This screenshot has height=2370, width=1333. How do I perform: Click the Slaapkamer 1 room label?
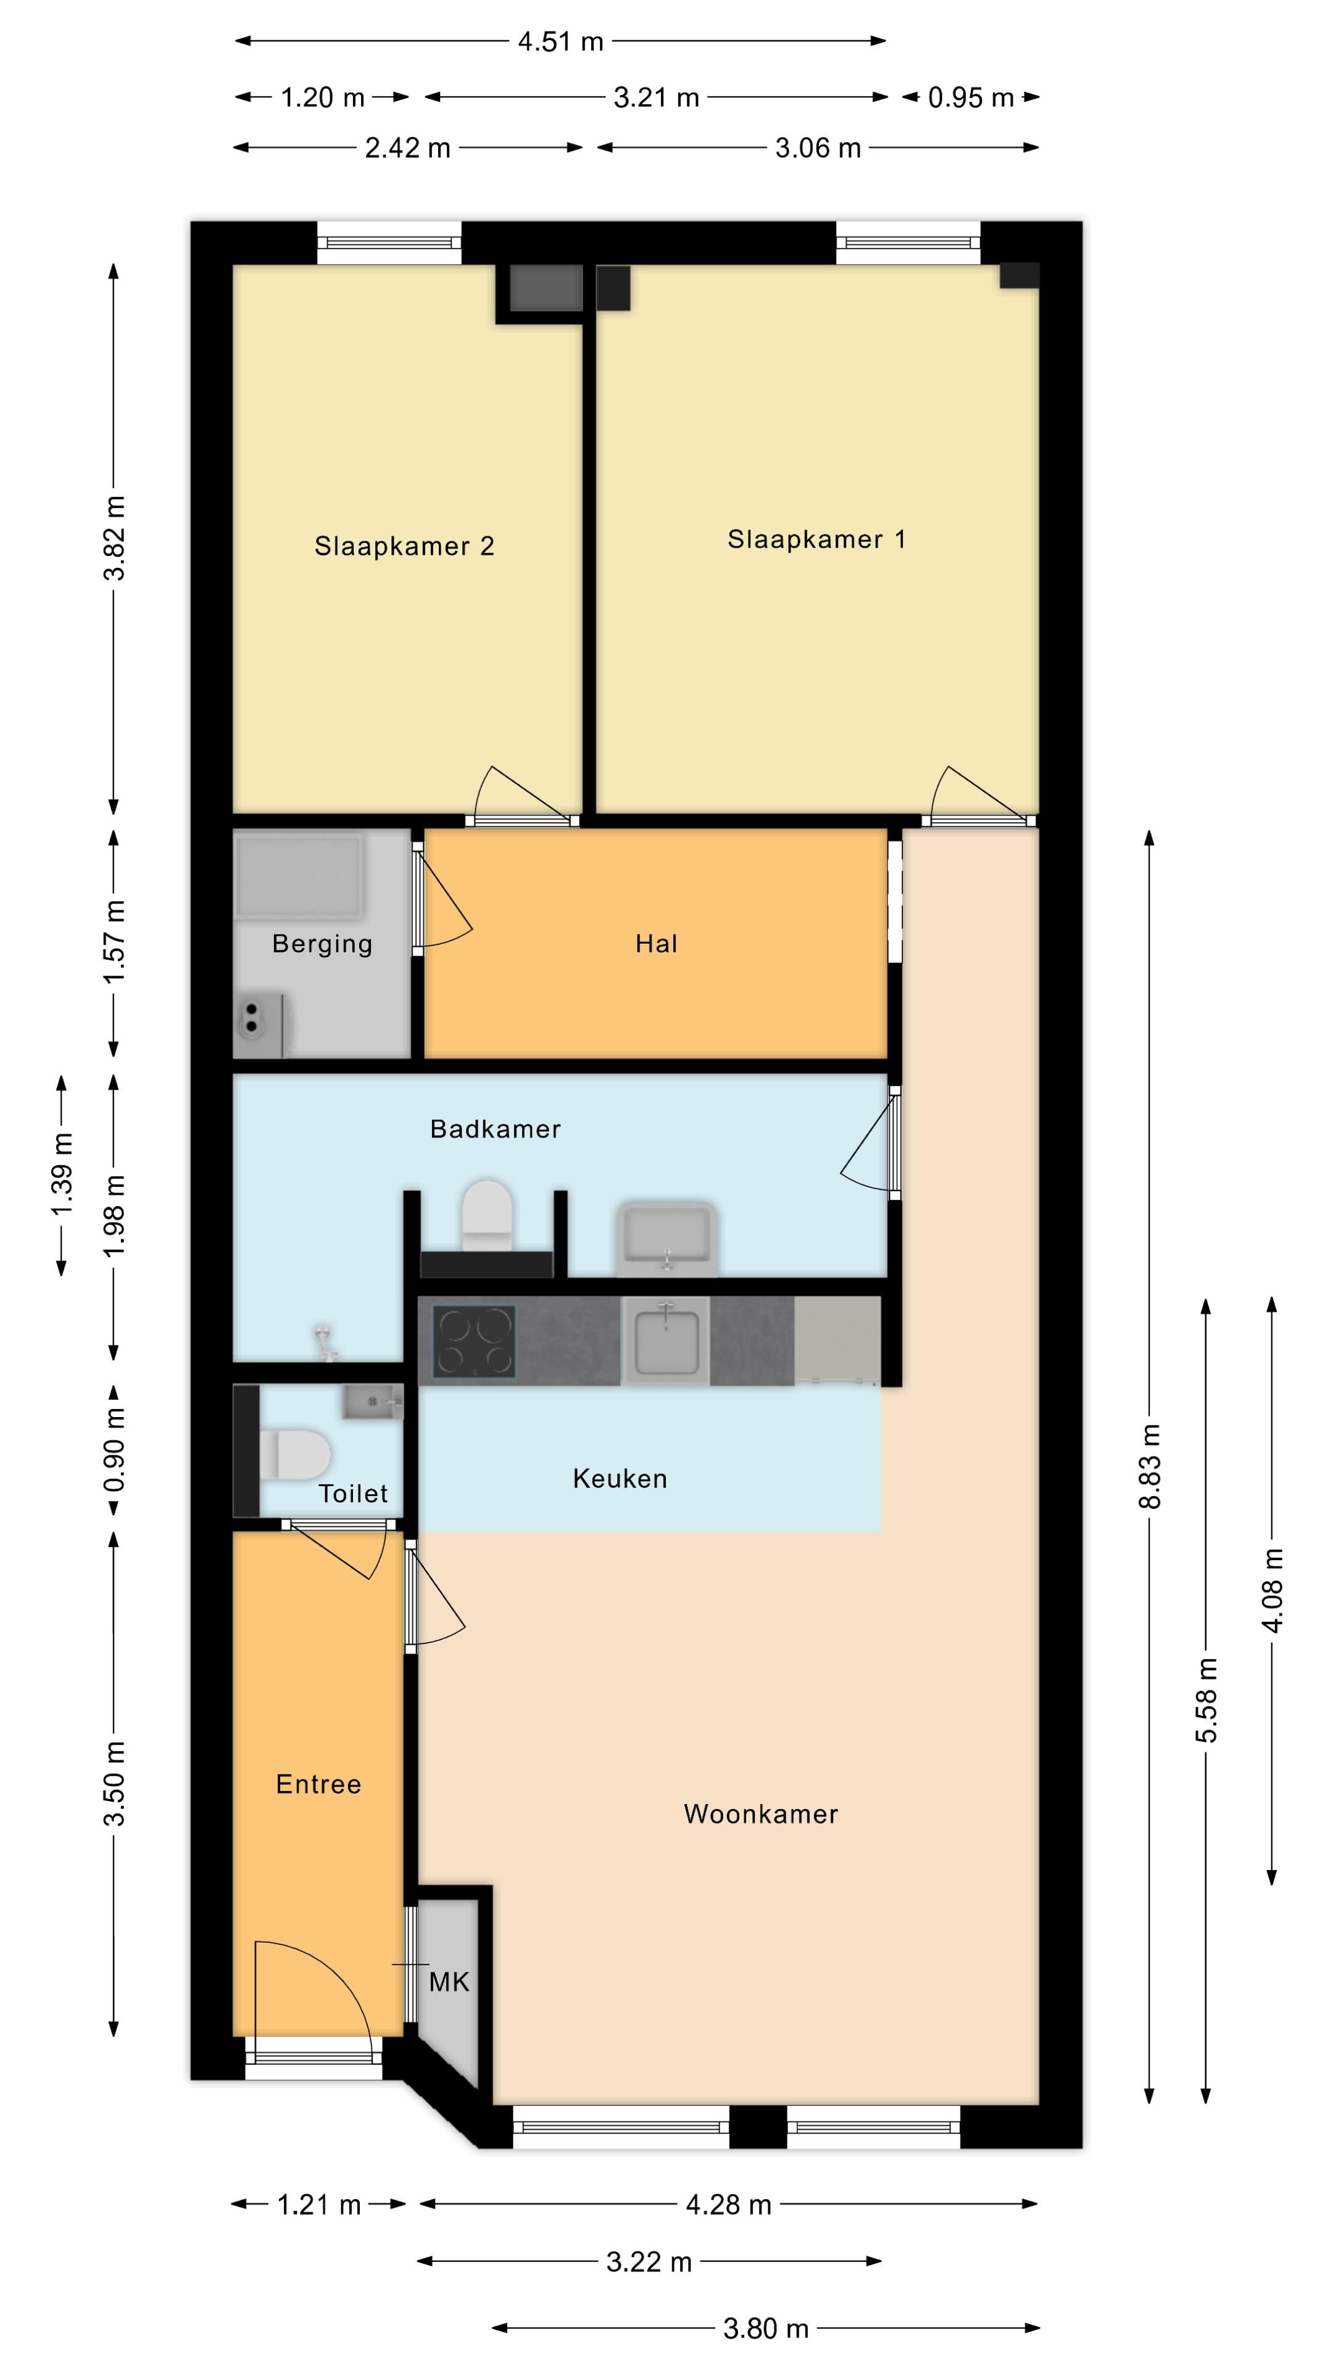click(816, 539)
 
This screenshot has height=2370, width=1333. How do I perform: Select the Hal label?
click(656, 944)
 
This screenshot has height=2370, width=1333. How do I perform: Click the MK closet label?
click(449, 1982)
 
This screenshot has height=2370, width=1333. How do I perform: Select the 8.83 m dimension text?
click(1150, 1466)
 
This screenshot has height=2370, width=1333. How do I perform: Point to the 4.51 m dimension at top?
click(560, 41)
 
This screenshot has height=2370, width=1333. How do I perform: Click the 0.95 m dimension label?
click(971, 98)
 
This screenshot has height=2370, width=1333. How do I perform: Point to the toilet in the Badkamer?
click(487, 1216)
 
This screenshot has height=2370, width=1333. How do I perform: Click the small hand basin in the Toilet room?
click(373, 1403)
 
